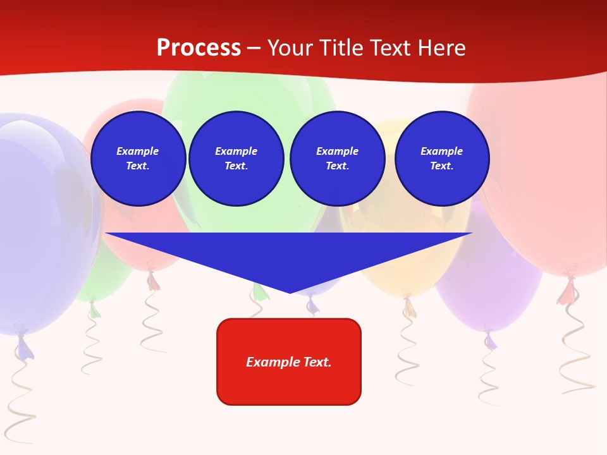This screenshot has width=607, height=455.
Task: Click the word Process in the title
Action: (199, 48)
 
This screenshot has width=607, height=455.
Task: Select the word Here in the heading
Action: (441, 48)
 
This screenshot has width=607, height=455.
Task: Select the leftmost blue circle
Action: (138, 158)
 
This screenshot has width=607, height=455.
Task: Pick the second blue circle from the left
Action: (236, 158)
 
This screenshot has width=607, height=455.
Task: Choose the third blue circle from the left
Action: (337, 158)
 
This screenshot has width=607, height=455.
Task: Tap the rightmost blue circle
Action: (441, 158)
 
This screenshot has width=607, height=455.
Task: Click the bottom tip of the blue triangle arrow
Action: (290, 292)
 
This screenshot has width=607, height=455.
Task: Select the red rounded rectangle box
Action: (289, 361)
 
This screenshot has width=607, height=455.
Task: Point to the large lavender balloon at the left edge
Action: (38, 221)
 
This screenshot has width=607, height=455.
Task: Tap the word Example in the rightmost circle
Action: (441, 151)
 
